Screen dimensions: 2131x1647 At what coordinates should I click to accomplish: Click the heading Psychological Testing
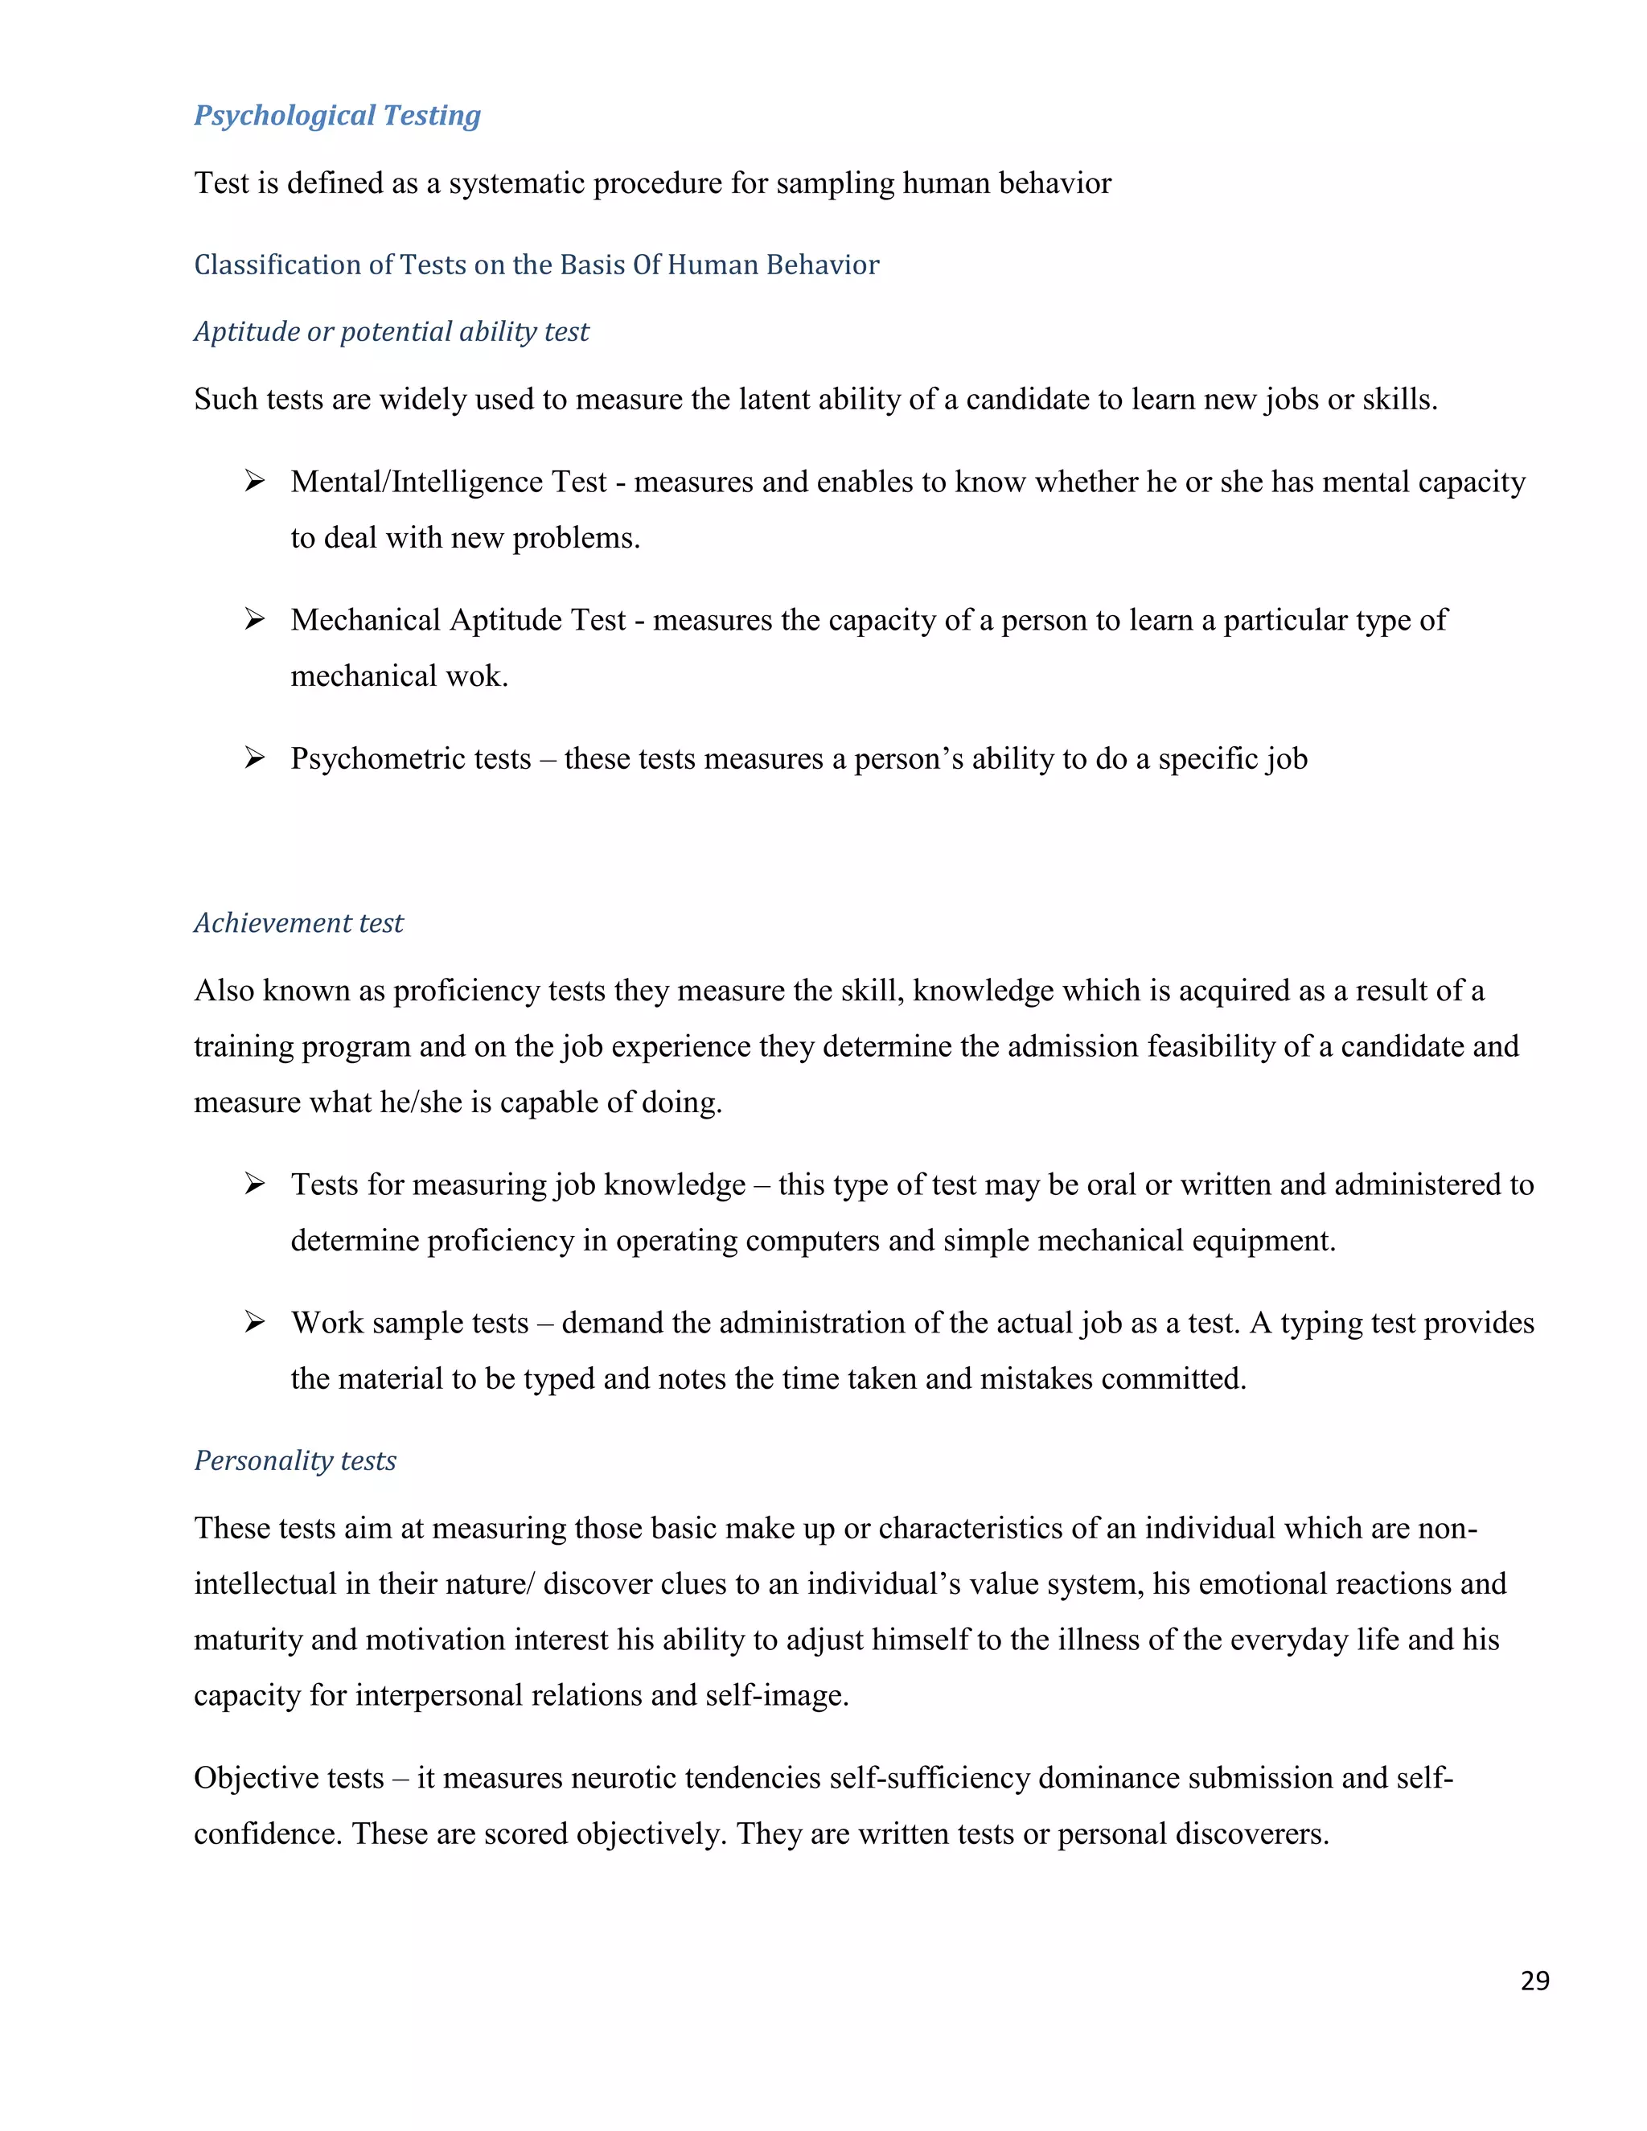pyautogui.click(x=337, y=115)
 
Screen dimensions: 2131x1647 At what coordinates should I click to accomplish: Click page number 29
pyautogui.click(x=1534, y=1980)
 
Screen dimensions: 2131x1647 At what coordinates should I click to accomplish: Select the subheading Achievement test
pyautogui.click(x=298, y=923)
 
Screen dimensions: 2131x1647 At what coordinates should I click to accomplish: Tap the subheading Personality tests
pyautogui.click(x=294, y=1460)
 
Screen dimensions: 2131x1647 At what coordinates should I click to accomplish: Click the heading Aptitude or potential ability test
pyautogui.click(x=392, y=332)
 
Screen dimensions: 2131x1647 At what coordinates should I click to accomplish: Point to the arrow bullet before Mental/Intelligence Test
pyautogui.click(x=255, y=481)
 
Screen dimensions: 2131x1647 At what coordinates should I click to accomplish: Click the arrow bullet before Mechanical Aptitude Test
pyautogui.click(x=255, y=619)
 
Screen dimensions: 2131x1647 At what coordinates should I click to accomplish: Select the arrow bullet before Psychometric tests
pyautogui.click(x=255, y=758)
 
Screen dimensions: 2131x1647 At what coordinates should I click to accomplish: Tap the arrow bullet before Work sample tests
pyautogui.click(x=255, y=1322)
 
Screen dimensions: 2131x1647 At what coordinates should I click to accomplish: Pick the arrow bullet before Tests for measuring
pyautogui.click(x=255, y=1184)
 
